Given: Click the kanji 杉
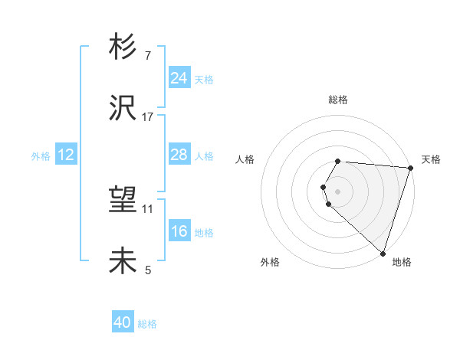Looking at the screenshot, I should [123, 47].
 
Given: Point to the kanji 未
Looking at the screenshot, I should [123, 261].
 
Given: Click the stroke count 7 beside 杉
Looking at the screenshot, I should [148, 56].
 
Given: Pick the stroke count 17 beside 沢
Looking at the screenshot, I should [148, 116].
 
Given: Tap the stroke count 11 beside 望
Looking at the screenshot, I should [148, 208].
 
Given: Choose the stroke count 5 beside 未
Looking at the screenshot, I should [148, 270].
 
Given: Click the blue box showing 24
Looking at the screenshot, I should [179, 78].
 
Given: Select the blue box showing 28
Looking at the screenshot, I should [179, 155].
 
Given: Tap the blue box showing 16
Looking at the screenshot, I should [179, 231].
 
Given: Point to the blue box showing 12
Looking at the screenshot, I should [66, 155].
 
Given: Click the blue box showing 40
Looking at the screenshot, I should [123, 323].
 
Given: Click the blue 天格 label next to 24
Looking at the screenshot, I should [204, 80].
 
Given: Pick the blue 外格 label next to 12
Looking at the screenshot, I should [41, 156].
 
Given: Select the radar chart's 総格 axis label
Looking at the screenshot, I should [337, 100].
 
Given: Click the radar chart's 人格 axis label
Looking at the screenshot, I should [245, 159].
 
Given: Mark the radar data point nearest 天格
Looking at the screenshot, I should [410, 168].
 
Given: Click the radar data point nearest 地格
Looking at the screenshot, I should [383, 253].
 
